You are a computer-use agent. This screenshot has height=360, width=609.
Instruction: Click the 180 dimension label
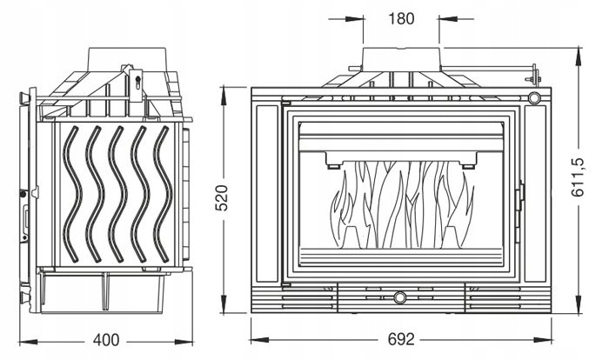click(401, 18)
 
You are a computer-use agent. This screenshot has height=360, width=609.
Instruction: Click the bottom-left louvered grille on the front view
click(292, 297)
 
